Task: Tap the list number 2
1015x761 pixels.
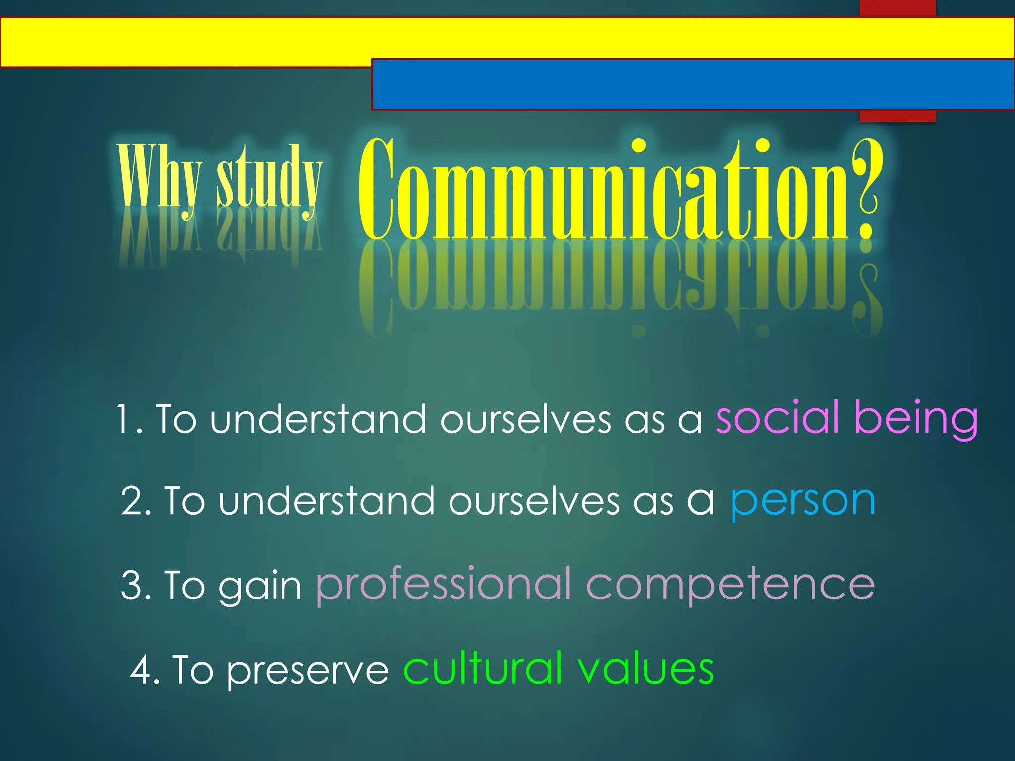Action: (135, 502)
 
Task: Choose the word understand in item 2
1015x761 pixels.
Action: (327, 501)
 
